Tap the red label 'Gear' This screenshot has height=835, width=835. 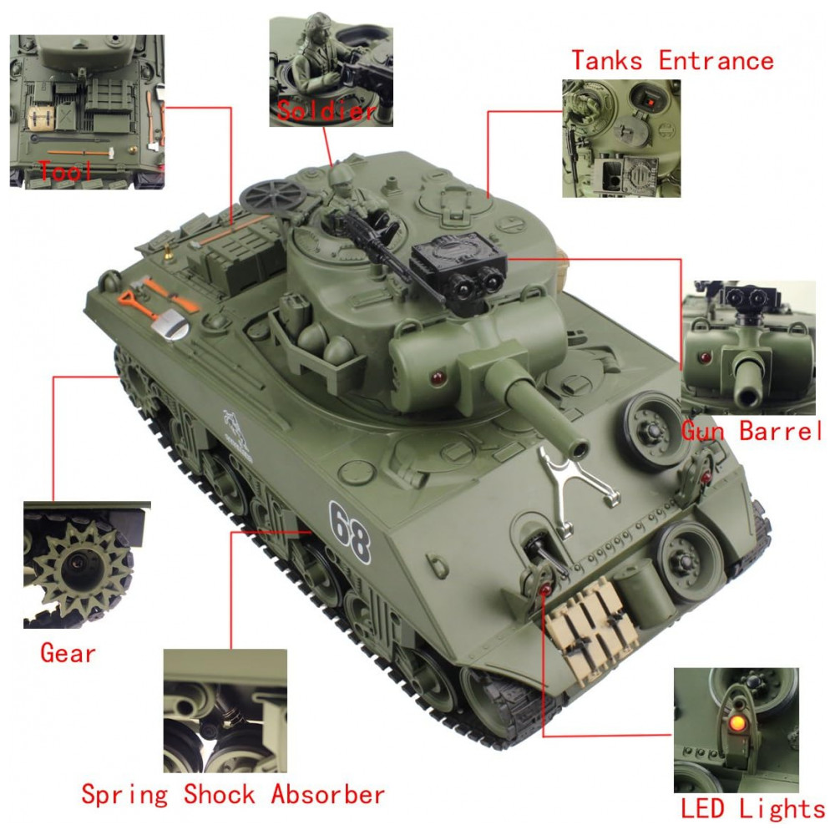pos(68,653)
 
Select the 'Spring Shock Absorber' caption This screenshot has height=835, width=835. pos(233,795)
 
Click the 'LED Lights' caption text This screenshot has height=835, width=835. pos(753,808)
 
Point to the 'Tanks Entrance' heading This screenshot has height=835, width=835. pos(672,60)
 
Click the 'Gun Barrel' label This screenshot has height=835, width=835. pos(752,431)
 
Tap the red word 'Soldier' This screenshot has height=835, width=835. pos(327,110)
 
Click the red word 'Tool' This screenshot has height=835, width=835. pos(65,171)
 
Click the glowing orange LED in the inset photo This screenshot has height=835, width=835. pos(736,722)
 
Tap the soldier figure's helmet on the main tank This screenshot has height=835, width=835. pos(341,174)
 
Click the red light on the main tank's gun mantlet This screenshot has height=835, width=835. pos(438,378)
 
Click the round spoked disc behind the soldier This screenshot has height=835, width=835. pos(272,196)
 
